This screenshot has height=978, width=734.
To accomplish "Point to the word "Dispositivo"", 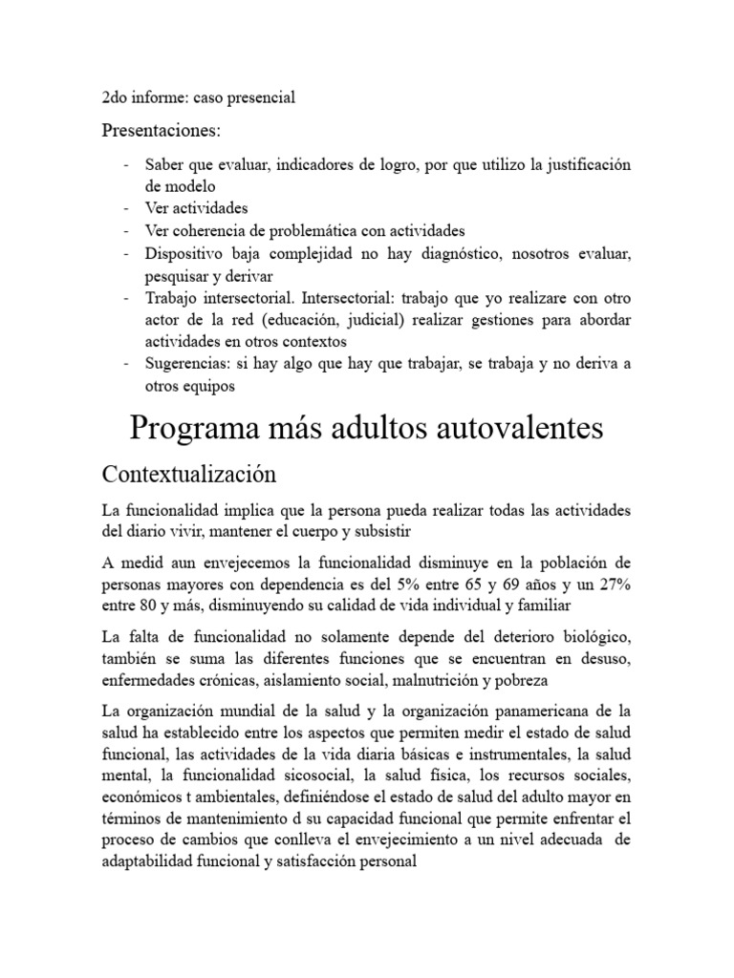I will (x=185, y=254).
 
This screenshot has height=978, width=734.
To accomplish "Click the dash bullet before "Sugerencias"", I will (x=127, y=365).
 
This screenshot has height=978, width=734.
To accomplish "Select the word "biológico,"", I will (x=593, y=636).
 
